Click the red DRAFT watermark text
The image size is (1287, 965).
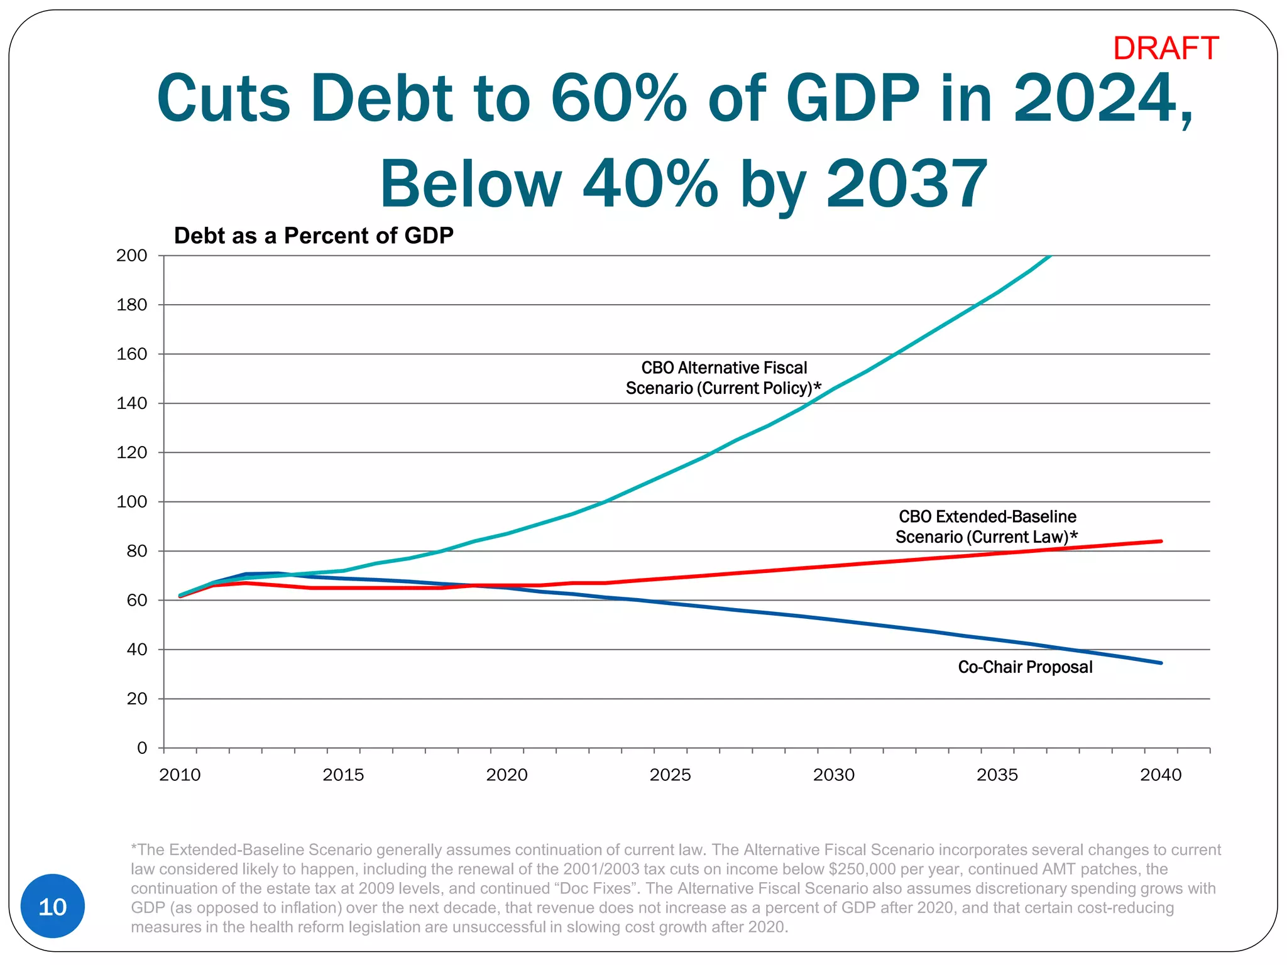click(x=1166, y=48)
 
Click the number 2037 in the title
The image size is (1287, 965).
click(x=906, y=183)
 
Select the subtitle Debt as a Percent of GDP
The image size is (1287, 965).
click(x=314, y=236)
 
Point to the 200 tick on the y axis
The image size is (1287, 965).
click(x=132, y=256)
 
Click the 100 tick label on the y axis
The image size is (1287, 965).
click(x=132, y=502)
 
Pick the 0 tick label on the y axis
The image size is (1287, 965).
click(x=142, y=748)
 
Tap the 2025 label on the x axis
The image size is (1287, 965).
click(x=670, y=775)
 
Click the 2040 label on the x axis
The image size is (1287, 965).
click(x=1161, y=775)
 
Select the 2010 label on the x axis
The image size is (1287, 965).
click(x=180, y=775)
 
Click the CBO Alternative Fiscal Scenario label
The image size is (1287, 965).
click(x=723, y=378)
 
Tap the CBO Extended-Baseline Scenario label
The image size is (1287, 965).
click(x=987, y=526)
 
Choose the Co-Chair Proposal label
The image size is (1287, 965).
click(x=1025, y=667)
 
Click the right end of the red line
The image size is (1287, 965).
click(x=1160, y=541)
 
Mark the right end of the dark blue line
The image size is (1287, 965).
click(x=1160, y=663)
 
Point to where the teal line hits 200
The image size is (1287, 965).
click(x=1050, y=256)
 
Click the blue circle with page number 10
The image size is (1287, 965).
click(x=53, y=906)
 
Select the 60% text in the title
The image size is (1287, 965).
click(x=618, y=99)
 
